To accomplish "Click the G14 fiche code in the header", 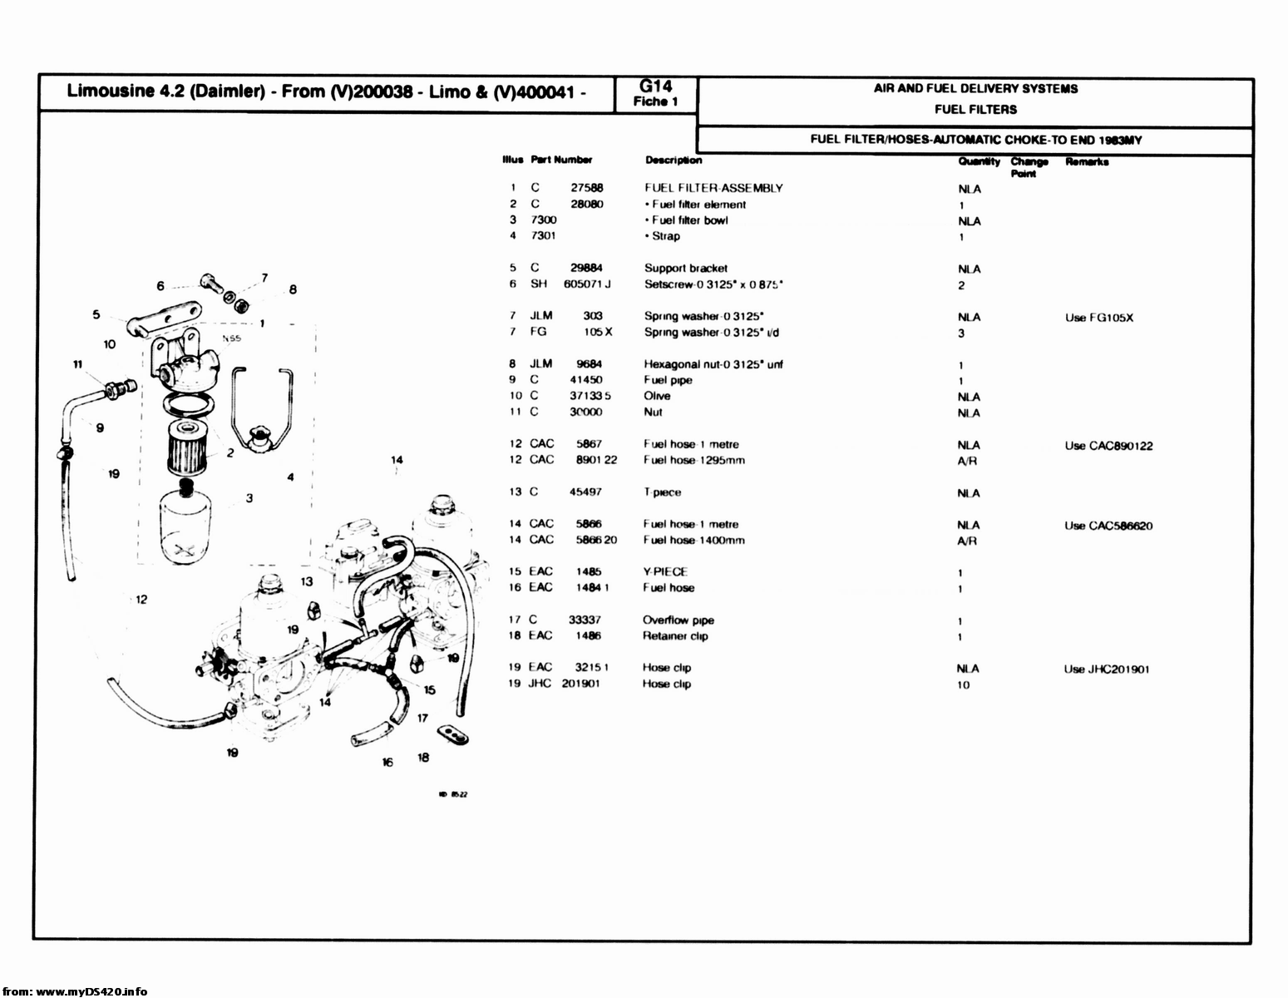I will click(x=655, y=86).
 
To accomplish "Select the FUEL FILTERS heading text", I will click(x=975, y=109).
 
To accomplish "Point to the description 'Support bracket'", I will click(x=685, y=268).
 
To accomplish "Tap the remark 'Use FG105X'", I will click(x=1098, y=318).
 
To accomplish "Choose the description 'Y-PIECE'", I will click(x=664, y=571).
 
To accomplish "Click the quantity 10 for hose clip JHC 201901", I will click(x=963, y=685).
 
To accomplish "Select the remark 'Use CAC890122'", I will click(x=1108, y=446).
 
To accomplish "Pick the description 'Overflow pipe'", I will click(x=678, y=620).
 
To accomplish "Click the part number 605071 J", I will click(x=586, y=284).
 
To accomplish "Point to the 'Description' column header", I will click(x=673, y=161).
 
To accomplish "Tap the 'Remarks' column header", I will click(x=1086, y=162).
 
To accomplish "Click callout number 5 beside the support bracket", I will click(x=96, y=314).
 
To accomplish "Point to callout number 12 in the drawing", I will click(x=141, y=599).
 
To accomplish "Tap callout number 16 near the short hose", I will click(x=387, y=761).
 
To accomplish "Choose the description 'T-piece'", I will click(x=662, y=492).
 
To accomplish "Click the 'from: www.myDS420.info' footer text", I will click(x=74, y=991).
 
